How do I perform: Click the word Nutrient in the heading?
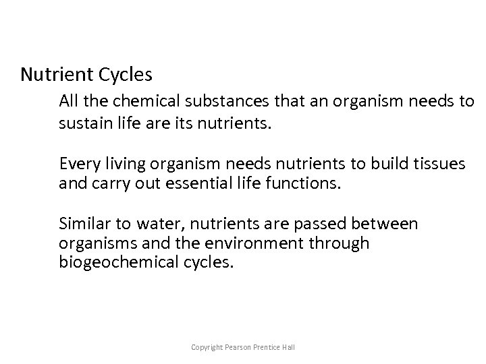coord(52,73)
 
